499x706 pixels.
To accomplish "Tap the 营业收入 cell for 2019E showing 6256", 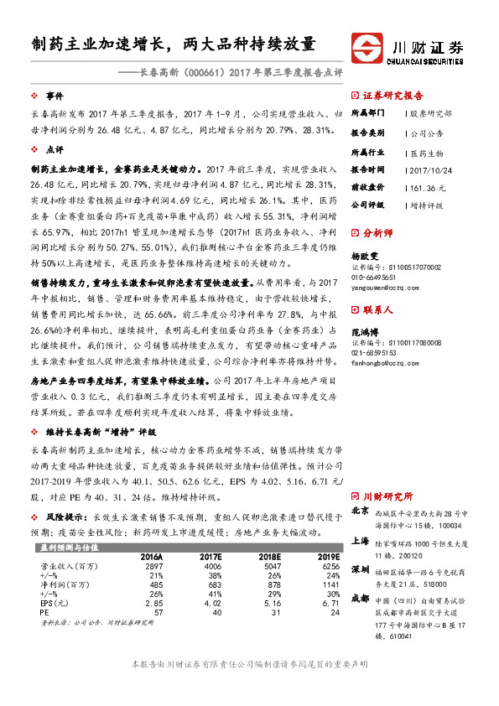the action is pyautogui.click(x=326, y=567).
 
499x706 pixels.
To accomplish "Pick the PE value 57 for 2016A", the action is pyautogui.click(x=157, y=613).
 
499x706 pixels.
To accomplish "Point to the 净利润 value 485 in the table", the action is pyautogui.click(x=153, y=585).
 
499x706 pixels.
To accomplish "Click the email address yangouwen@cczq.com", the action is pyautogui.click(x=385, y=287).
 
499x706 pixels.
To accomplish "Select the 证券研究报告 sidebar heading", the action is pyautogui.click(x=392, y=96).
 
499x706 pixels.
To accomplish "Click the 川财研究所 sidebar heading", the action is pyautogui.click(x=388, y=496).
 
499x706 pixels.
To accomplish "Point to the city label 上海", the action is pyautogui.click(x=360, y=541).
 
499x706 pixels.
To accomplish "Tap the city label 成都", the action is pyautogui.click(x=360, y=599).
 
